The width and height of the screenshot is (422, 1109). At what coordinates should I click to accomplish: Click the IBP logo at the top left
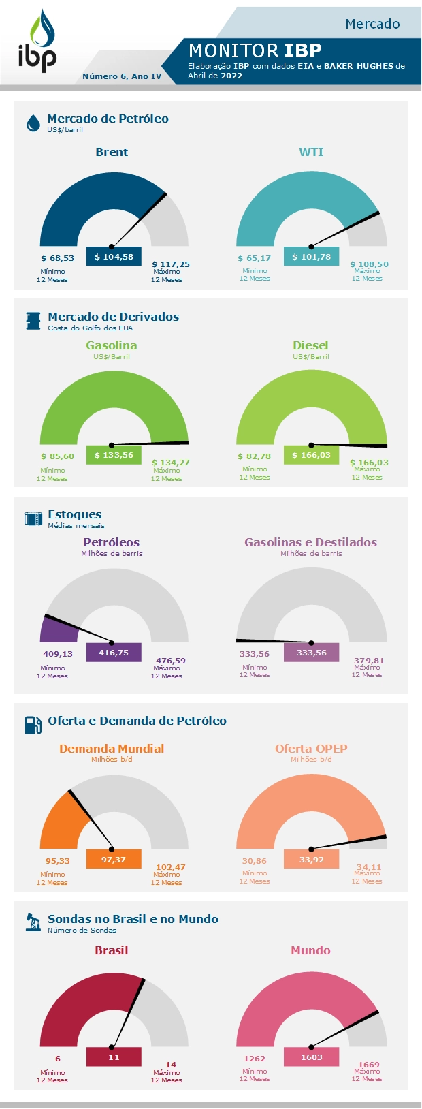[37, 42]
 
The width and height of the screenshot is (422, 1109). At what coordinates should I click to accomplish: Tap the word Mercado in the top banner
[372, 24]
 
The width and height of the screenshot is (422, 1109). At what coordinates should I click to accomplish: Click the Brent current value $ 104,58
[114, 257]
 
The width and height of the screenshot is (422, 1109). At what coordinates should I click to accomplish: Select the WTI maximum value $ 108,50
[369, 264]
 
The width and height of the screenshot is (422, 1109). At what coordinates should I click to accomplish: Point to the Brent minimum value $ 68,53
[57, 258]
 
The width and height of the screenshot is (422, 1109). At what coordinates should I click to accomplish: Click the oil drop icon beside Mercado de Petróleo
[33, 123]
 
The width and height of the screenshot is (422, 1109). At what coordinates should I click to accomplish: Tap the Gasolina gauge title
[112, 345]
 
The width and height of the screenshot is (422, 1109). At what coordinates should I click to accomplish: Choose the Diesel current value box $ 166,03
[311, 455]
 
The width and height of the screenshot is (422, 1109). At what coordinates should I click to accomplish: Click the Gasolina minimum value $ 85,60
[57, 456]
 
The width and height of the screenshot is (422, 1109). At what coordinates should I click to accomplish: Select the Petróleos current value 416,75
[114, 653]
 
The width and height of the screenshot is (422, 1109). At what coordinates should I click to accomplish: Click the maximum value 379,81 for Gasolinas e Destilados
[369, 661]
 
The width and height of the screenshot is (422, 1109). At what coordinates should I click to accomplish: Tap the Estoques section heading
[74, 514]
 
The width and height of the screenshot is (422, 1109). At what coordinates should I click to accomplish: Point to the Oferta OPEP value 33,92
[311, 860]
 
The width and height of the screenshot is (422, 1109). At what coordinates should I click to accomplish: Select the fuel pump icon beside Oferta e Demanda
[33, 725]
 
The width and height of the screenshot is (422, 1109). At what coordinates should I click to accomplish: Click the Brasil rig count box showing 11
[114, 1057]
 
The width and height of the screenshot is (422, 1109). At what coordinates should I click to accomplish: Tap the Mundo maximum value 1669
[369, 1065]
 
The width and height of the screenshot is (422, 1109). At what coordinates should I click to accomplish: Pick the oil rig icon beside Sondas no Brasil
[33, 922]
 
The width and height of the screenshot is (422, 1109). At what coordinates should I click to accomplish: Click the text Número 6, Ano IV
[122, 76]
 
